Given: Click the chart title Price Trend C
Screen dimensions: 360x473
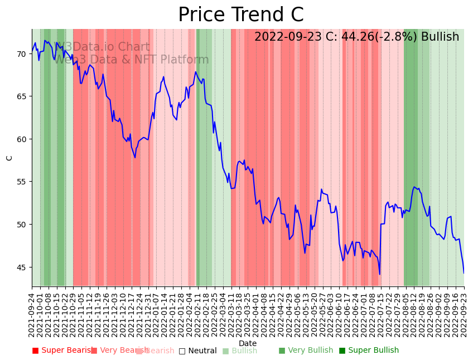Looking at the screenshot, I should (x=241, y=15).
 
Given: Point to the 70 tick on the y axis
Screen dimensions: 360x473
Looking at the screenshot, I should (x=21, y=54).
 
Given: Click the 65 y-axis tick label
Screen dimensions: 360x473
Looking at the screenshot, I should (x=21, y=96).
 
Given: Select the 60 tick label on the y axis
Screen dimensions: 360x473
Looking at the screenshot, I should (x=21, y=139).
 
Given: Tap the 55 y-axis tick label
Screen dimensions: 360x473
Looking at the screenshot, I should (x=21, y=182).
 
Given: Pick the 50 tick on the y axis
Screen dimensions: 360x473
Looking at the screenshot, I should (x=21, y=225).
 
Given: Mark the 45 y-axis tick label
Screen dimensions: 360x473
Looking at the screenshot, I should (x=21, y=267).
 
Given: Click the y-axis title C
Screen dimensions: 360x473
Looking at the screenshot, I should (x=9, y=158).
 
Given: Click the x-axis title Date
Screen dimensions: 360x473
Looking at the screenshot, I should (x=248, y=343).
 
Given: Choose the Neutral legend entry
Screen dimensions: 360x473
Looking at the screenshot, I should (x=198, y=351).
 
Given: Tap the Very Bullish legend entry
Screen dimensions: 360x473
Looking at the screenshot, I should (x=306, y=351).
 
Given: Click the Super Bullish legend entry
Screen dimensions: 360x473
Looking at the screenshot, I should (x=369, y=351).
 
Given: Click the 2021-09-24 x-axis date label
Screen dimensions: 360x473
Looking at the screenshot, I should (x=32, y=314).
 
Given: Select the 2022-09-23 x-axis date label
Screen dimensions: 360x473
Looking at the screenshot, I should (x=464, y=314).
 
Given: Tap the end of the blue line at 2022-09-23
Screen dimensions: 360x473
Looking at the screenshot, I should (x=464, y=273).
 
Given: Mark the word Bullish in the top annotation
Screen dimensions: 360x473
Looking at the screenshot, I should (x=440, y=37).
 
